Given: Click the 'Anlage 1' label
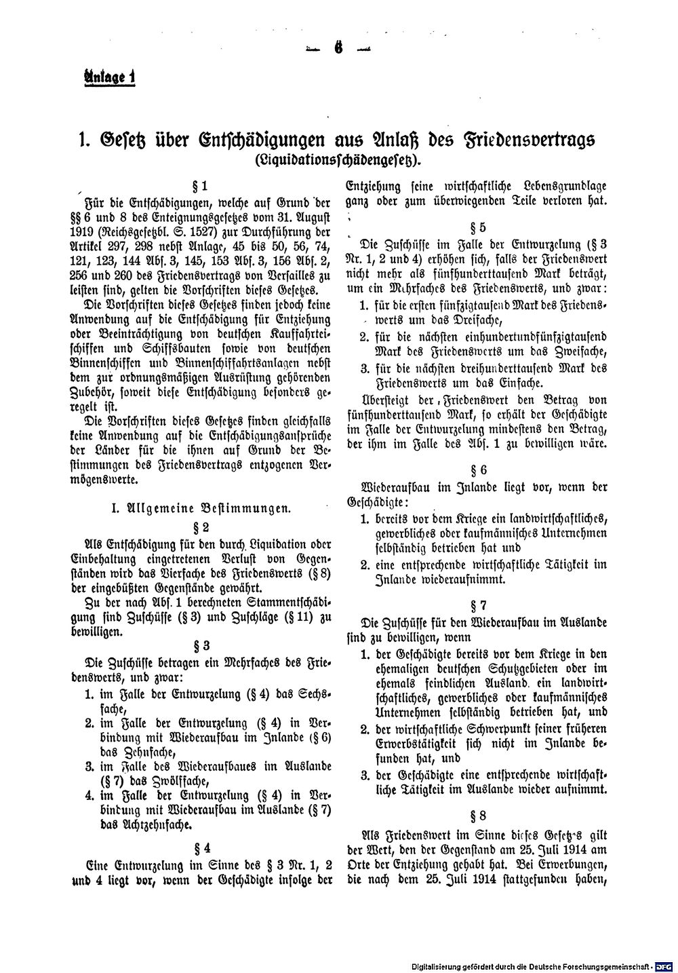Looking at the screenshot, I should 106,77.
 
